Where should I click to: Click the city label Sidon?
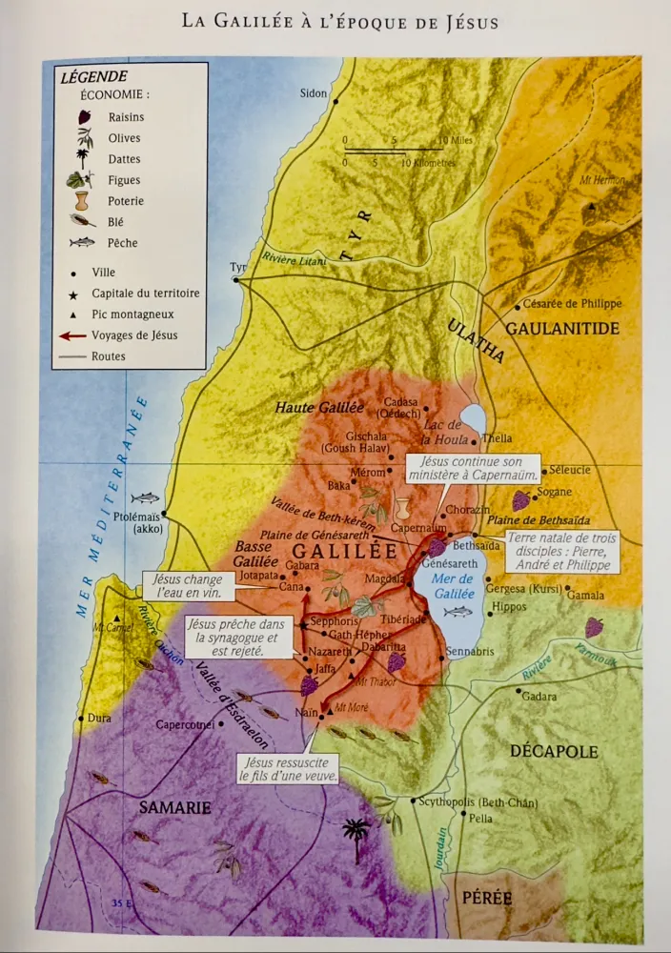pyautogui.click(x=313, y=93)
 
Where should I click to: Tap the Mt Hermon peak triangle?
pyautogui.click(x=592, y=206)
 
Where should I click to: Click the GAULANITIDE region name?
pyautogui.click(x=562, y=329)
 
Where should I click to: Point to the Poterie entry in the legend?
pyautogui.click(x=126, y=201)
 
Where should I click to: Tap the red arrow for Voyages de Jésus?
pyautogui.click(x=72, y=335)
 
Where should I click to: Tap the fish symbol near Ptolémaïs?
pyautogui.click(x=145, y=497)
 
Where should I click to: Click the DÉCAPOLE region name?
pyautogui.click(x=554, y=752)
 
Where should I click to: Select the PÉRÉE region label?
pyautogui.click(x=487, y=898)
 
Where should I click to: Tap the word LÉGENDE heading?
pyautogui.click(x=93, y=77)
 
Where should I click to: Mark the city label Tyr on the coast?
pyautogui.click(x=237, y=268)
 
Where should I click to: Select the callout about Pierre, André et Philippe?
pyautogui.click(x=562, y=552)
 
